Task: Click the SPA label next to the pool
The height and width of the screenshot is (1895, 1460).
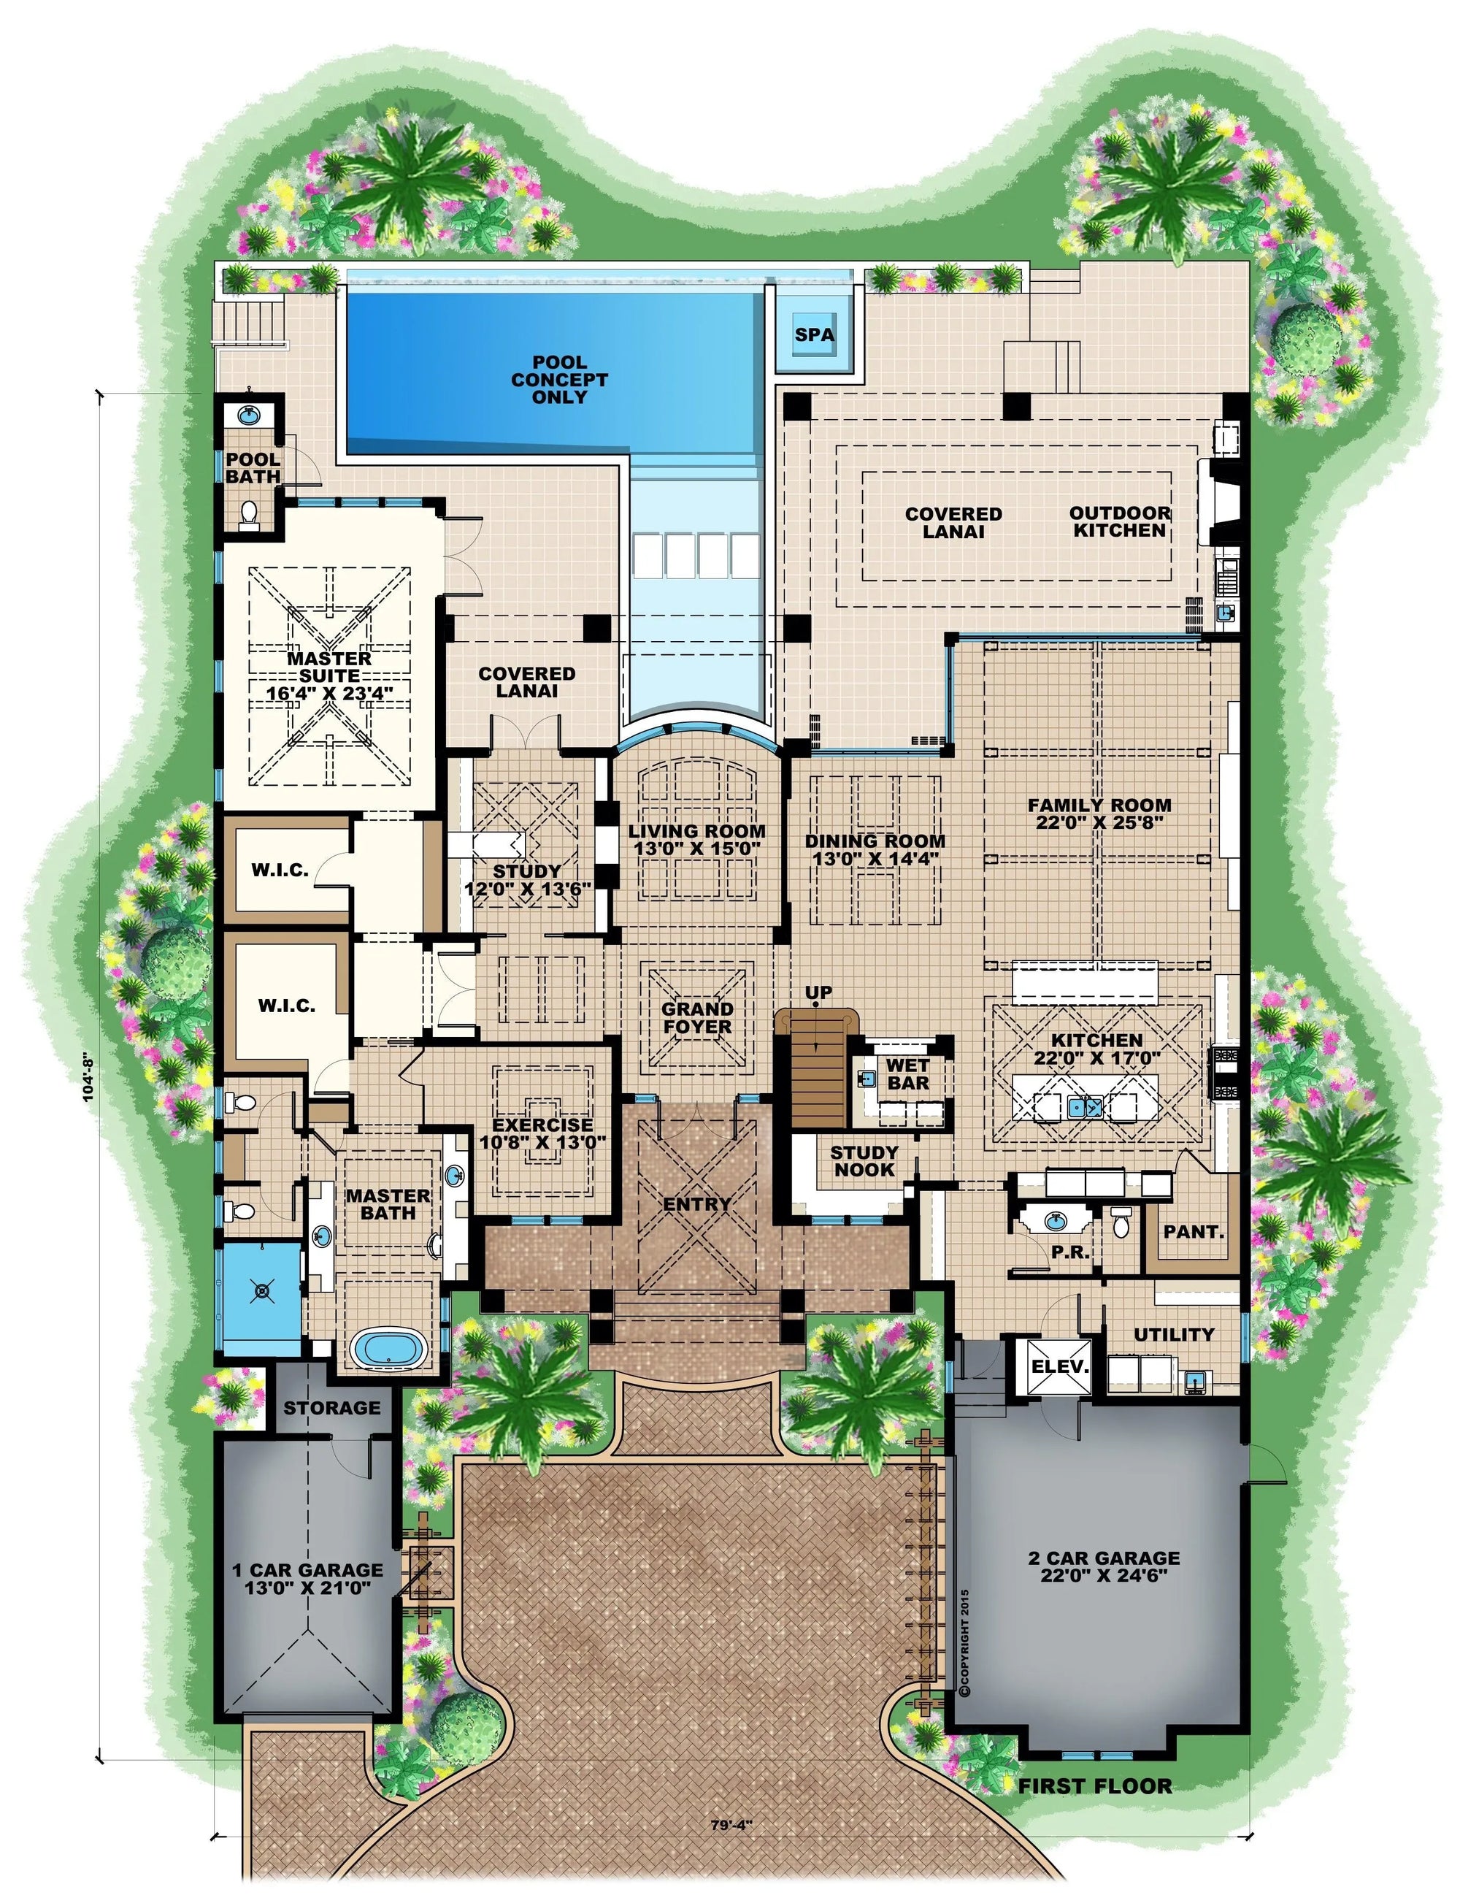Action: [814, 335]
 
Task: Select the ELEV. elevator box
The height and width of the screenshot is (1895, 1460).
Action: [1059, 1366]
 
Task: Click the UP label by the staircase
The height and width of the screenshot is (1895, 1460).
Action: [818, 992]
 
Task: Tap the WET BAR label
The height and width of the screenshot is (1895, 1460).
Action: [907, 1074]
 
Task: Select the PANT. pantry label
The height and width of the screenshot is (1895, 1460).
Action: [1194, 1230]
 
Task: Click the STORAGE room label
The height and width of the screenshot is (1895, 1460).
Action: [331, 1407]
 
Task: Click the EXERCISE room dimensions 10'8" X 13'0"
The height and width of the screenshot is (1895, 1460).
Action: [542, 1142]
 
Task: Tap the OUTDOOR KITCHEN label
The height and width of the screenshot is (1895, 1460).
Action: [1119, 521]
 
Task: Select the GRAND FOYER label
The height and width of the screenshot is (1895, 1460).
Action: [696, 1018]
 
